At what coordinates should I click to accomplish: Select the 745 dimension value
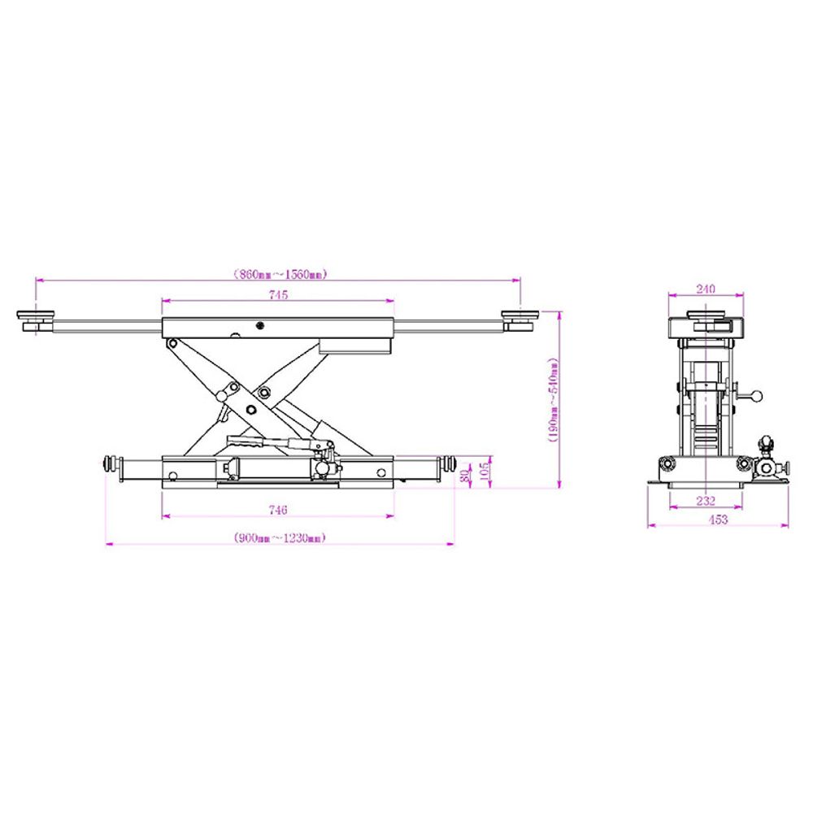(278, 296)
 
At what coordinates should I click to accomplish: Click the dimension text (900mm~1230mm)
(278, 537)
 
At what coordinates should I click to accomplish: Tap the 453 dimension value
(718, 520)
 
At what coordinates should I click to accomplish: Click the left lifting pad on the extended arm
(37, 320)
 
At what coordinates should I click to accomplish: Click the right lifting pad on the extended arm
(520, 319)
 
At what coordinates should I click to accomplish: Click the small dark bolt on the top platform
(259, 326)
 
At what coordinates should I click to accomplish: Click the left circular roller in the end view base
(668, 464)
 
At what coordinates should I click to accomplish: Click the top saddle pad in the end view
(705, 315)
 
